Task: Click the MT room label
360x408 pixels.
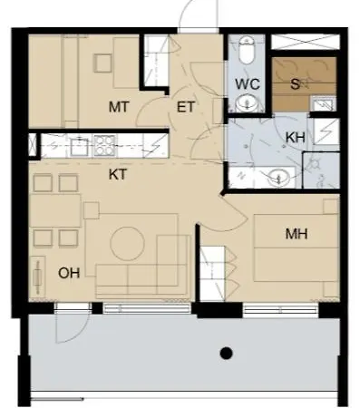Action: [119, 107]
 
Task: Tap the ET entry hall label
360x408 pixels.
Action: [187, 107]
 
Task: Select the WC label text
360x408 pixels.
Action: [248, 83]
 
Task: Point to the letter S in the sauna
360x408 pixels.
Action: [295, 83]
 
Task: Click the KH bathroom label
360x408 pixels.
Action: [295, 137]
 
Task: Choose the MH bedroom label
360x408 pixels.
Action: [297, 235]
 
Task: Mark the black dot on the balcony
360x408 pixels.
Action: [227, 354]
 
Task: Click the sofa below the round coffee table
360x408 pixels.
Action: [136, 275]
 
